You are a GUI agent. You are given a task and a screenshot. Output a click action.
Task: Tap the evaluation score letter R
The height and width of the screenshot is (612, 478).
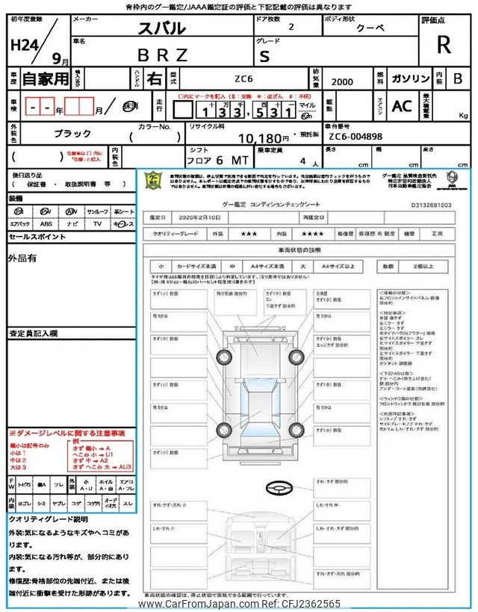443,44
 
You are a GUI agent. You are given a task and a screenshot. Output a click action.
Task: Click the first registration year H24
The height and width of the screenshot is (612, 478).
25,44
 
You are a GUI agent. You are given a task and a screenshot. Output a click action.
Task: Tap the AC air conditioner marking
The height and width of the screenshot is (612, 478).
402,107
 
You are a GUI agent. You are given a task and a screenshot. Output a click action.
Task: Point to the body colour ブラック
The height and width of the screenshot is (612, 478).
72,134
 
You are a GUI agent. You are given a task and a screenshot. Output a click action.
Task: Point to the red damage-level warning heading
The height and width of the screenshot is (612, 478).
67,433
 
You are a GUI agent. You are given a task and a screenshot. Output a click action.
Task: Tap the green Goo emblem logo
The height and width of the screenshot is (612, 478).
152,179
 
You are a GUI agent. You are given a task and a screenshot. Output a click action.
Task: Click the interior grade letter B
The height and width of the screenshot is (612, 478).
457,78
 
